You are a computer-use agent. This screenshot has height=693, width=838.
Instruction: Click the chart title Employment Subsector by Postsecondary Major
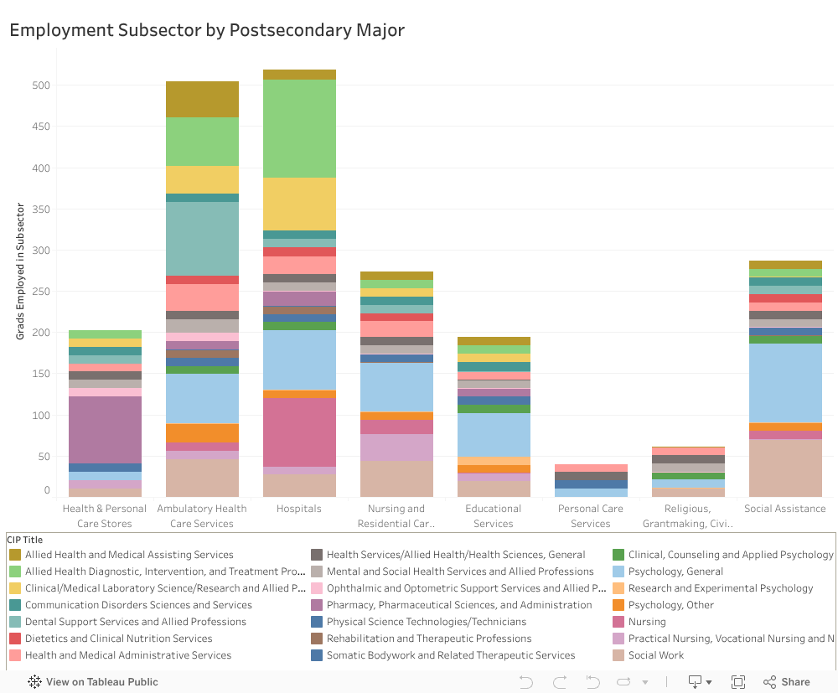point(207,31)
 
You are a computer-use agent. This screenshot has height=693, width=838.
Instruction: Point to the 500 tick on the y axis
point(41,85)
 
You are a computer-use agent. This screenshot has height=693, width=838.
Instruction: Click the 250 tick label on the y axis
point(41,292)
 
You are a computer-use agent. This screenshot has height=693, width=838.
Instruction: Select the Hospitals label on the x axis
point(299,509)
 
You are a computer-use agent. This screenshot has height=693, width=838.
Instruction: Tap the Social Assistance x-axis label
point(785,509)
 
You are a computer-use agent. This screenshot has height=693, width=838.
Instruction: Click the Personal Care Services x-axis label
point(591,515)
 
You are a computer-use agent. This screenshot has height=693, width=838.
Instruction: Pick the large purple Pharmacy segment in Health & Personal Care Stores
point(105,429)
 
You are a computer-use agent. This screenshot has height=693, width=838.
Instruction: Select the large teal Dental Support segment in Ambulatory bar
point(202,239)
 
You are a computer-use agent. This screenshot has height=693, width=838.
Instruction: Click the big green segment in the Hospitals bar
point(299,128)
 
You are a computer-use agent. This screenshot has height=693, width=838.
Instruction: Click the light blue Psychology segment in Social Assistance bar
point(785,382)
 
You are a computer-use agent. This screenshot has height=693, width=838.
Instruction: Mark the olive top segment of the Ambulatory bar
point(202,99)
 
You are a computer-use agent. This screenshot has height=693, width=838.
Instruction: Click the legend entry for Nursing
point(647,622)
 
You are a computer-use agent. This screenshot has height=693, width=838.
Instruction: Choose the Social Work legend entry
point(655,655)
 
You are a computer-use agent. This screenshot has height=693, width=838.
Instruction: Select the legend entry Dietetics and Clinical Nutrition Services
point(118,639)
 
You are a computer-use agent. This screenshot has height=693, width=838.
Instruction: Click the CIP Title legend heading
point(24,540)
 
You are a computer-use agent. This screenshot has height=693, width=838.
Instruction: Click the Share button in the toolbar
point(787,682)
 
